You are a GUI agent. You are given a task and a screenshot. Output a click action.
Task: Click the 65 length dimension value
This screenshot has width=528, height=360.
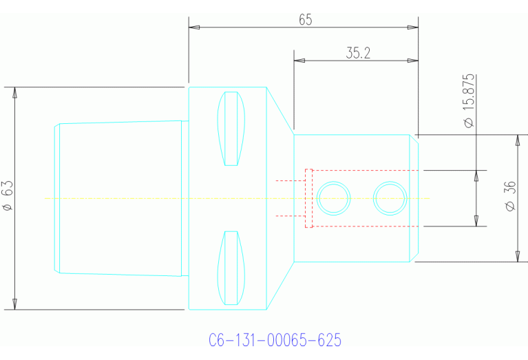click(306, 20)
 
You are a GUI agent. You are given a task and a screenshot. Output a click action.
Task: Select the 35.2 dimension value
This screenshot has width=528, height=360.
click(358, 53)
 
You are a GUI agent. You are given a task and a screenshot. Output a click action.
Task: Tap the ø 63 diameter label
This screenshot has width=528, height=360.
click(8, 195)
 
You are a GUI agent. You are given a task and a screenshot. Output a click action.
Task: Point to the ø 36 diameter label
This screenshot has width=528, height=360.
click(511, 196)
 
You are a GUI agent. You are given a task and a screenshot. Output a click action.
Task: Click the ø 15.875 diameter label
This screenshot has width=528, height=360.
click(469, 101)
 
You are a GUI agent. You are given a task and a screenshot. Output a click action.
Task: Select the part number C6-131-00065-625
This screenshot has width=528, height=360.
click(275, 340)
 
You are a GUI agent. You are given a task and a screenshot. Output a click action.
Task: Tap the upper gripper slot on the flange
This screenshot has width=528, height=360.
click(231, 129)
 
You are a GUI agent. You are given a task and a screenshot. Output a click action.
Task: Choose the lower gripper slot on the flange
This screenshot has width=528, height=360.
click(231, 268)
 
